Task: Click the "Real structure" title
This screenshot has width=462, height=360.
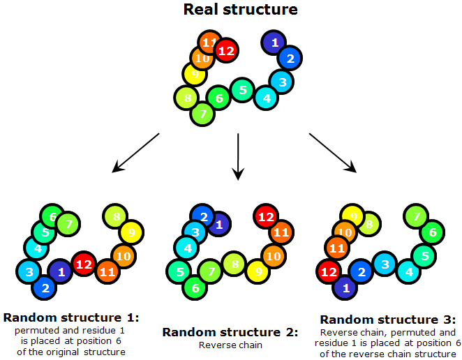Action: click(240, 10)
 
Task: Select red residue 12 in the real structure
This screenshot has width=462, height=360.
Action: click(225, 50)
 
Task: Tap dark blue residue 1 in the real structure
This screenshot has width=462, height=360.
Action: click(274, 43)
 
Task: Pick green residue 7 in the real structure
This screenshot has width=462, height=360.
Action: click(202, 112)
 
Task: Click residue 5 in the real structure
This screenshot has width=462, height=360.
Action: click(242, 90)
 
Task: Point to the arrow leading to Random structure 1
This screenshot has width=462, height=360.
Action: click(136, 151)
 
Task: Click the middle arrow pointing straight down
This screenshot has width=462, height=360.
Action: click(239, 156)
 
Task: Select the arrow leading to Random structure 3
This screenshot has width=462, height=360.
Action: click(332, 151)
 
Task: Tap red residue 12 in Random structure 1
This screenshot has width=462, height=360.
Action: click(84, 264)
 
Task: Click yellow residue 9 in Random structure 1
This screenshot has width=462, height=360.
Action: click(131, 231)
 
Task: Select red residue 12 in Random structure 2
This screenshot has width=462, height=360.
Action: click(266, 217)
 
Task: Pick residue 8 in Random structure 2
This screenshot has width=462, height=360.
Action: click(234, 264)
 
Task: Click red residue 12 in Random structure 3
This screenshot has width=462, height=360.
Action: click(328, 270)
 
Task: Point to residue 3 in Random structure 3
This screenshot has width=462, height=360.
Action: click(384, 264)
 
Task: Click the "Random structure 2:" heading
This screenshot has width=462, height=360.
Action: click(230, 332)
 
